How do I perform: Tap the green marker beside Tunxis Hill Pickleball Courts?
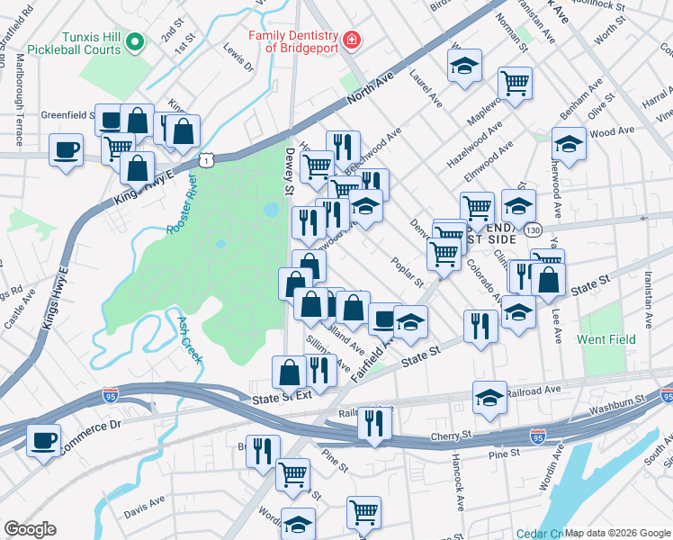coord(135,40)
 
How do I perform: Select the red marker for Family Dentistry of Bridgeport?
coord(350,40)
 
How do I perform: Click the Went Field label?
coord(606,339)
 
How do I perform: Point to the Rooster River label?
coord(180,208)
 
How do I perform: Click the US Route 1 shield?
coord(207,159)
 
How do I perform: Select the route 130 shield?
coord(534,230)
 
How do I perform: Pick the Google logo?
coord(30,529)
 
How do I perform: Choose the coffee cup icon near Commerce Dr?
coord(43,441)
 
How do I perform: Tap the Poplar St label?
coord(408,272)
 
